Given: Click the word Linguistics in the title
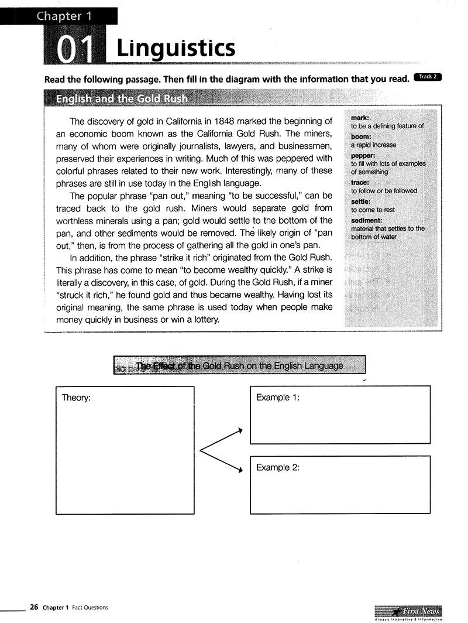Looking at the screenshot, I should (x=175, y=48).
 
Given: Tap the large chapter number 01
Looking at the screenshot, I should (x=75, y=50).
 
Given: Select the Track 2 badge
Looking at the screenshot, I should (x=427, y=77).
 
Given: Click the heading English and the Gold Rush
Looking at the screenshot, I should (x=122, y=98).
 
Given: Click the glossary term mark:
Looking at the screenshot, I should (x=360, y=118).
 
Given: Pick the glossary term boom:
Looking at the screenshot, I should (x=361, y=136).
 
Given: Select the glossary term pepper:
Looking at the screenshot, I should (x=363, y=156).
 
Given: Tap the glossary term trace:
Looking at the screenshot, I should (x=360, y=183).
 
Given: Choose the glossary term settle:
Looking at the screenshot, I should (x=361, y=201).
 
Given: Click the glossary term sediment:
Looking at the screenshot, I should (x=367, y=220).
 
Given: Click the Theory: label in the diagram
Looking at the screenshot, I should (x=76, y=398).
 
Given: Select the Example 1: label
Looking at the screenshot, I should (x=278, y=398).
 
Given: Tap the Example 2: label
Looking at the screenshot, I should (x=278, y=468).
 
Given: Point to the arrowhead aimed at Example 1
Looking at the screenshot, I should (x=239, y=431).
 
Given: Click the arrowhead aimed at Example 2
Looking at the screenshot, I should (x=239, y=470).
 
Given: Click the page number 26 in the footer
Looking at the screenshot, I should (x=34, y=607).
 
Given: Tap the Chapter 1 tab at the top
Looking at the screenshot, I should (x=64, y=16).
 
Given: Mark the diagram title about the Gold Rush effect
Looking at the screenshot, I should (x=239, y=365).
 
